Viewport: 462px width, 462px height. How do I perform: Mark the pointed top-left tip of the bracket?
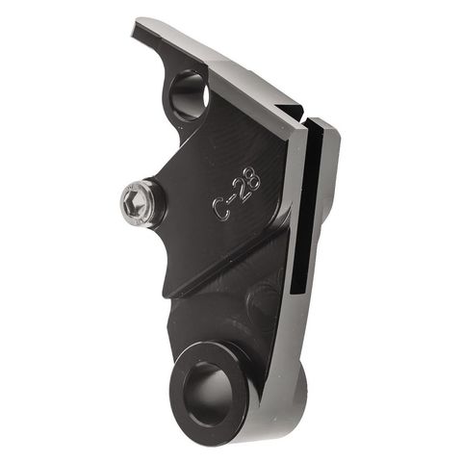[138, 22]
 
